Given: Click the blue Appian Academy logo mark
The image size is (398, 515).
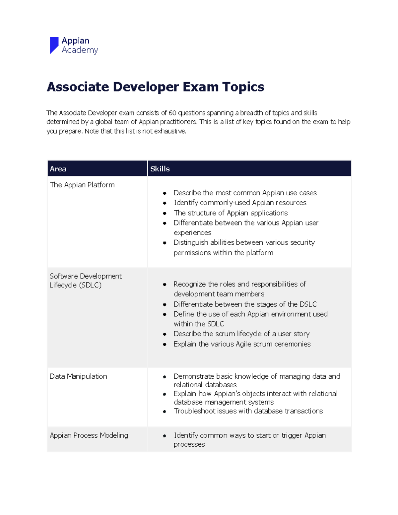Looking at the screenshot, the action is (54, 45).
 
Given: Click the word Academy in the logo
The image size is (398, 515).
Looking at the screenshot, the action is (80, 50).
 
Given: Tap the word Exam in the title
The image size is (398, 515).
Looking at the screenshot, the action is (200, 87).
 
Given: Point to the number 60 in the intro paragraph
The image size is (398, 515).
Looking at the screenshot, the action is (172, 113).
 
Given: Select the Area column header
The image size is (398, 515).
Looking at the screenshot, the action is (58, 169).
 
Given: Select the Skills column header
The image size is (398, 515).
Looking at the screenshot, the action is (160, 169).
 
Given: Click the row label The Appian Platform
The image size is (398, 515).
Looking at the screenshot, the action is (82, 185).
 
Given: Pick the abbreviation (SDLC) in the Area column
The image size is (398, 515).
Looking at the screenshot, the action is (90, 285).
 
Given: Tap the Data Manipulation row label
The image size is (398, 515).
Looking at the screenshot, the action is (78, 376).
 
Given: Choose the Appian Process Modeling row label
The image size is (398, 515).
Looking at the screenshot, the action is (89, 435).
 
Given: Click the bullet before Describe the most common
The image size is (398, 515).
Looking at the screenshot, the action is (165, 193).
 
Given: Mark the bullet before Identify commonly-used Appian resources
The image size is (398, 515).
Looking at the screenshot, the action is (165, 203).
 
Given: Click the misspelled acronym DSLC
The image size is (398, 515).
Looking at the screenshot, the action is (308, 304).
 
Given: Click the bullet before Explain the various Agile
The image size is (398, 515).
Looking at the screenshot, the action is (165, 345).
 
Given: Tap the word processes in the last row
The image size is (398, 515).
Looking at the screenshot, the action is (189, 444).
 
